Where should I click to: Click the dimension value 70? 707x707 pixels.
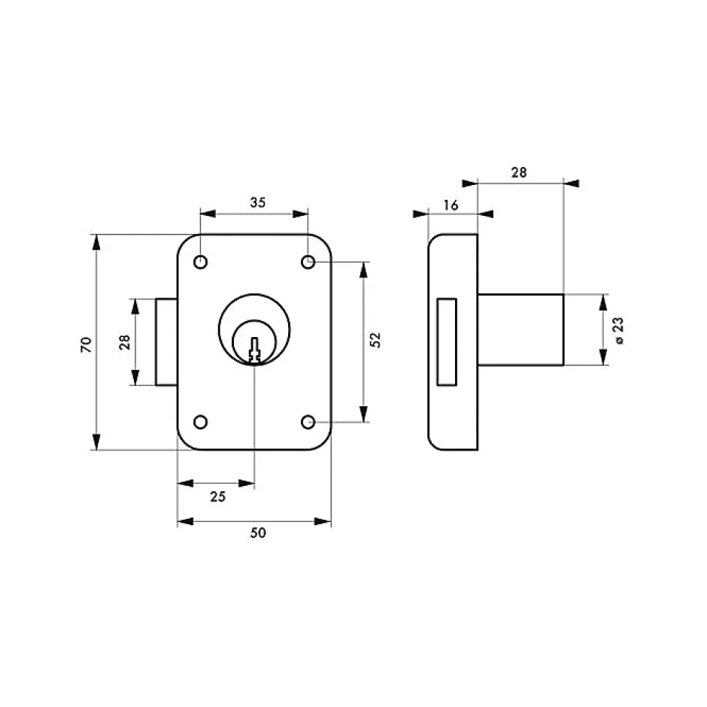[86, 344]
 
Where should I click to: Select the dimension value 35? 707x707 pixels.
[258, 202]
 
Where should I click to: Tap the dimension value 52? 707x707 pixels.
[375, 339]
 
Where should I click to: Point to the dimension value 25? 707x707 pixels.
[218, 496]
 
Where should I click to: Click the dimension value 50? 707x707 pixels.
[258, 533]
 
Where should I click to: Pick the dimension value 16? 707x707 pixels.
[451, 205]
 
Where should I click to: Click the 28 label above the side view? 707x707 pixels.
[519, 172]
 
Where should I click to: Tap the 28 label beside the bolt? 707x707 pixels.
[124, 341]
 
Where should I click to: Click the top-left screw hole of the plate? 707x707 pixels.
[200, 262]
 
